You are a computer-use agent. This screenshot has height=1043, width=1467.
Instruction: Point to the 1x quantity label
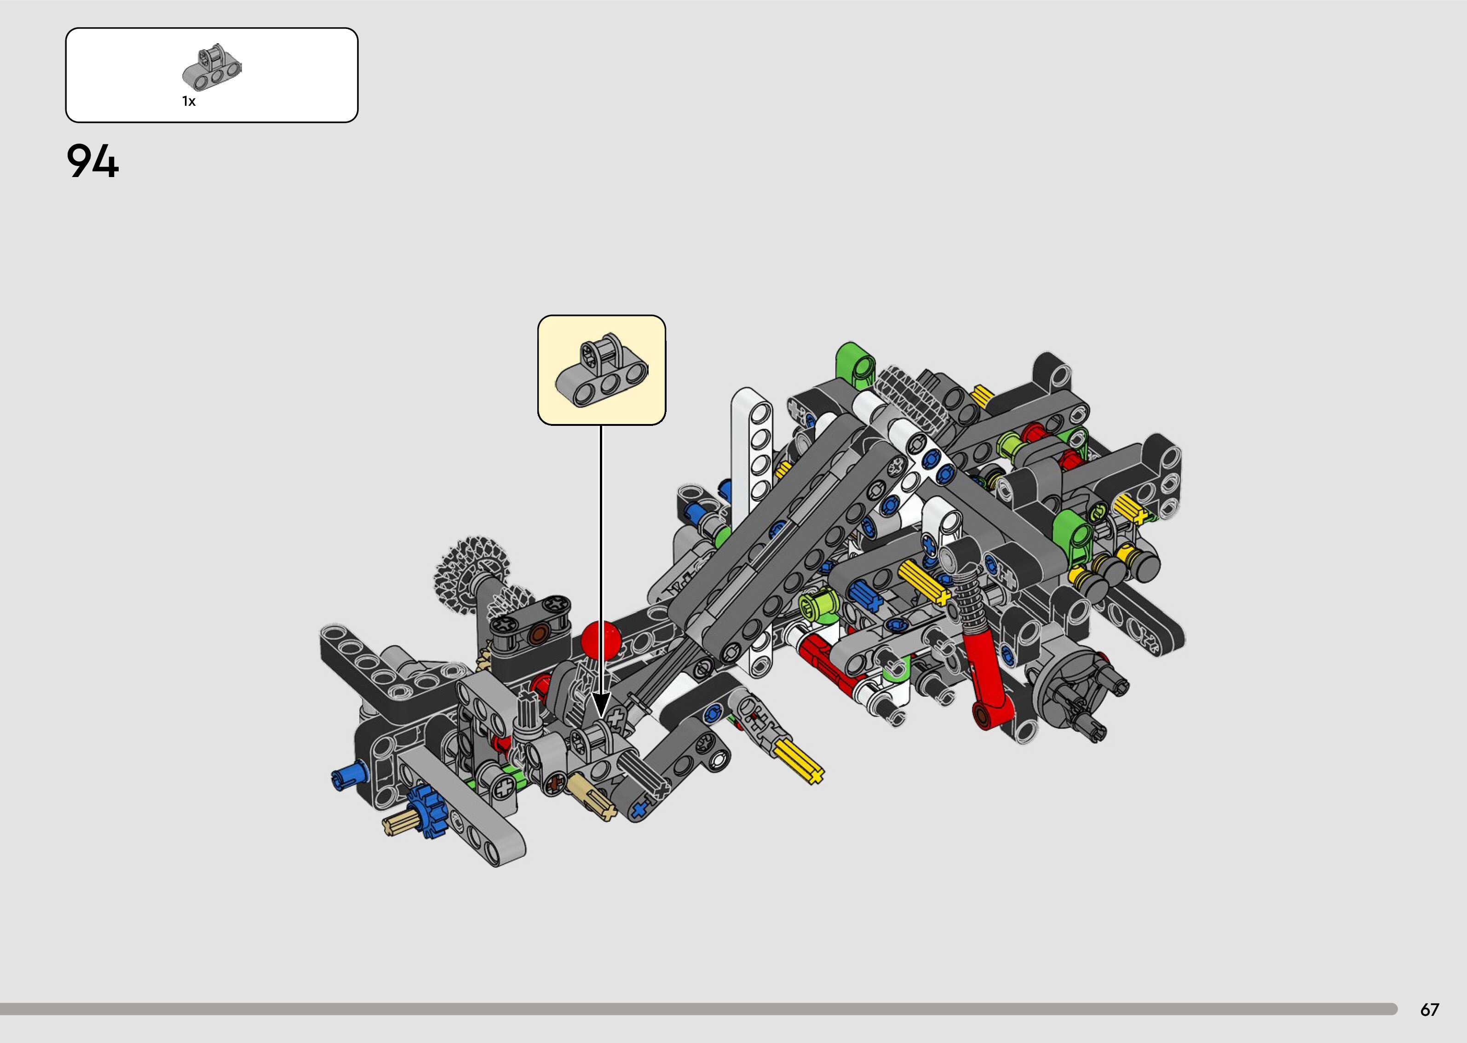tap(189, 102)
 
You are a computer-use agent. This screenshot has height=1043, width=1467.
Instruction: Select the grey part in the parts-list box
tap(212, 69)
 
